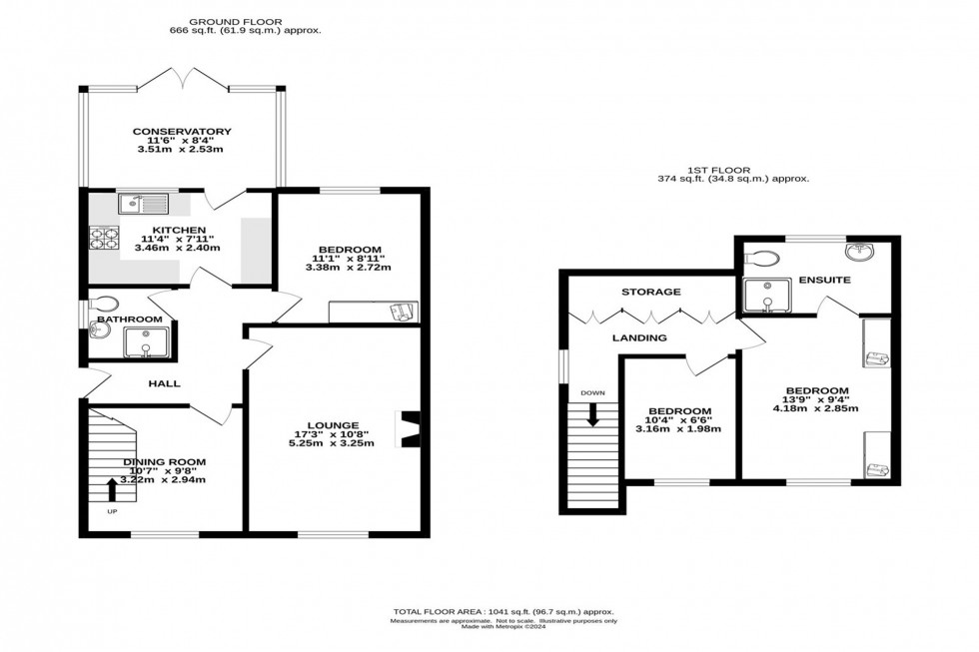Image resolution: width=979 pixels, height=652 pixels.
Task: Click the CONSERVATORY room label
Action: click(182, 132)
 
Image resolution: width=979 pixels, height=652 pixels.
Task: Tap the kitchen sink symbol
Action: click(145, 205)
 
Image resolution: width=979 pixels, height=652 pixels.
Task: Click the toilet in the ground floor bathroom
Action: click(103, 304)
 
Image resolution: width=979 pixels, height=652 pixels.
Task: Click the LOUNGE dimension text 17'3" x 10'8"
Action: click(333, 434)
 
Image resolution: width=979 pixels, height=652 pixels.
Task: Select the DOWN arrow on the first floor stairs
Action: click(592, 412)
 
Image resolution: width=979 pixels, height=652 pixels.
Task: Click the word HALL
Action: click(165, 383)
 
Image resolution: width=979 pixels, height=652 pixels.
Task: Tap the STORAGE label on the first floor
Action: click(650, 293)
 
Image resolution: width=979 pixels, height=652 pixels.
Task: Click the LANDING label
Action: click(639, 338)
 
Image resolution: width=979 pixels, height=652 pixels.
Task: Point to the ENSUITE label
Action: click(825, 281)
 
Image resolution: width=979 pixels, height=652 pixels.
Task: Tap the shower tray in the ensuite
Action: click(767, 295)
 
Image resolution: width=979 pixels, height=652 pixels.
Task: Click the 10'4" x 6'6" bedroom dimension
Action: click(679, 420)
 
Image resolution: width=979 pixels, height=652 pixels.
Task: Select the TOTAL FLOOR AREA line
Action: click(502, 611)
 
